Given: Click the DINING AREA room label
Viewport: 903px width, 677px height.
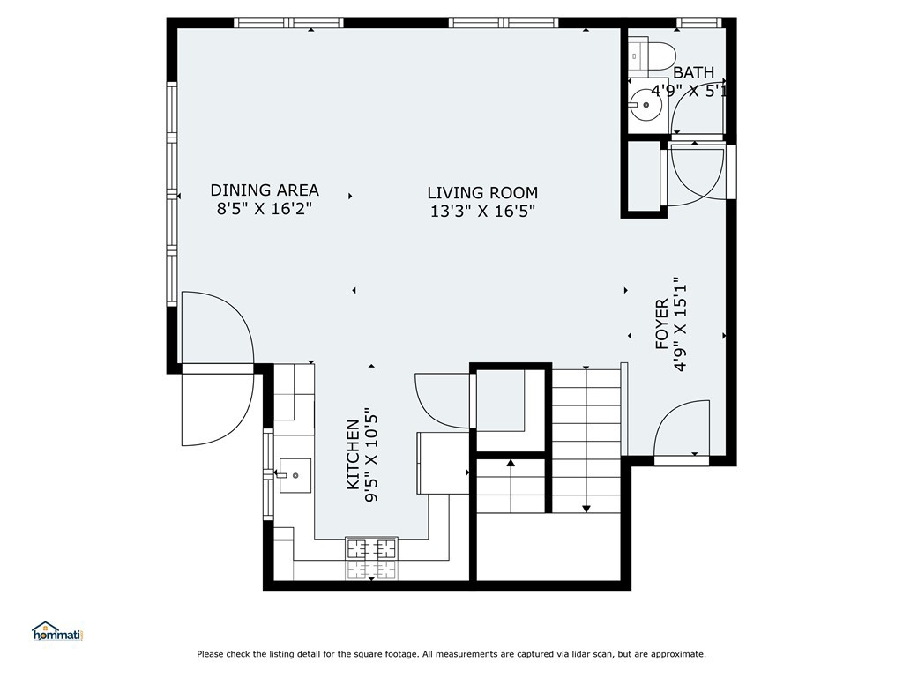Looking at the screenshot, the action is (x=265, y=190).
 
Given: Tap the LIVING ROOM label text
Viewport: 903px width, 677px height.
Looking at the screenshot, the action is (x=482, y=192).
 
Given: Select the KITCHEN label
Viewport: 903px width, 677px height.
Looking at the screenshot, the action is (x=353, y=455).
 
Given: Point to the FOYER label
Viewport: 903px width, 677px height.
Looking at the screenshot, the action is (x=661, y=324).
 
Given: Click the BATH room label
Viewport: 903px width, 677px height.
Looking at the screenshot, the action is (x=693, y=72).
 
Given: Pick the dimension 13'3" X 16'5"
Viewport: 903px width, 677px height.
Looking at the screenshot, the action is (x=482, y=212).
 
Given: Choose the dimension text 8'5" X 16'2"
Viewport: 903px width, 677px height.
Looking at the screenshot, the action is (x=265, y=208).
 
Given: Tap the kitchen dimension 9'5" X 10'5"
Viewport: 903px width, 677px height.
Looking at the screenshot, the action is (x=372, y=458).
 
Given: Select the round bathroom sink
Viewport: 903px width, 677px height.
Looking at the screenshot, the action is (x=646, y=105).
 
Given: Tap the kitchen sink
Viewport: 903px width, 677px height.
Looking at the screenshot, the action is (x=295, y=475).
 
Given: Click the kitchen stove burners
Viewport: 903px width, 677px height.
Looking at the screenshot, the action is (x=371, y=557).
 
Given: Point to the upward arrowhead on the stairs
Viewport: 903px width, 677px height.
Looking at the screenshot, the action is (x=511, y=462).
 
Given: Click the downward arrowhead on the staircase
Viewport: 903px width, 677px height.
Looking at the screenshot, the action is (x=586, y=509).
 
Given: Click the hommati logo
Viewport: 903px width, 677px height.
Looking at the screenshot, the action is (x=57, y=631).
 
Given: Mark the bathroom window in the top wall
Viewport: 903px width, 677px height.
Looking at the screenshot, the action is (x=698, y=23).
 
